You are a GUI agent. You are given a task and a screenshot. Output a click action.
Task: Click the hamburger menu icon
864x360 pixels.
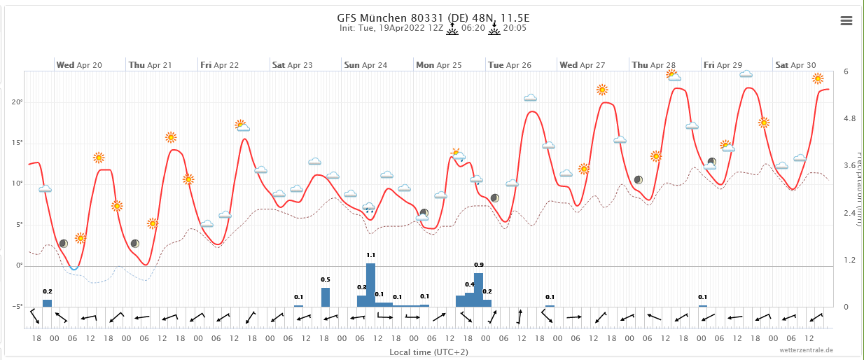(846, 21)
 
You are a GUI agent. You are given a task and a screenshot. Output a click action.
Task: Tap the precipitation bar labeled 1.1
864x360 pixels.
(371, 285)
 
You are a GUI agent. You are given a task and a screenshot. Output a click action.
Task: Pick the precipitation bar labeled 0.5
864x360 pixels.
(326, 297)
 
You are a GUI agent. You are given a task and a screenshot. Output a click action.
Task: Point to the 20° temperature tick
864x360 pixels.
(18, 102)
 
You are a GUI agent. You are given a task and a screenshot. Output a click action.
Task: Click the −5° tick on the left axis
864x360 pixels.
(18, 307)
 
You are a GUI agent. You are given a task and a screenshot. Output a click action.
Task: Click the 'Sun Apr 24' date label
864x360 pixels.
(365, 65)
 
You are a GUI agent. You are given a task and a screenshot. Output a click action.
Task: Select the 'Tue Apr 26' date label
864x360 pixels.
(510, 65)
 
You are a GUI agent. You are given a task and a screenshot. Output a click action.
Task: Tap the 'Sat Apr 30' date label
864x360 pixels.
(796, 65)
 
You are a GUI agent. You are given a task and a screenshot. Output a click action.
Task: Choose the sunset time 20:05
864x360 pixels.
(515, 29)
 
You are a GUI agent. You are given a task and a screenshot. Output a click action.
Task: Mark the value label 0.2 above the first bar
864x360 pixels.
(48, 291)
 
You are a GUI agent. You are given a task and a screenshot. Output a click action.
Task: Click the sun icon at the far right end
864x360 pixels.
(818, 78)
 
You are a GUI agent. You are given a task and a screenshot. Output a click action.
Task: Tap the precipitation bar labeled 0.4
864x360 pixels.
(469, 299)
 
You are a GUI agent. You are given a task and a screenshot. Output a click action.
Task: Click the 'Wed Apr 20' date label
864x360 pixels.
(79, 65)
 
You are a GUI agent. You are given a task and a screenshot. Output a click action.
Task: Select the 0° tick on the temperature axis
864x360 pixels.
(19, 266)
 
